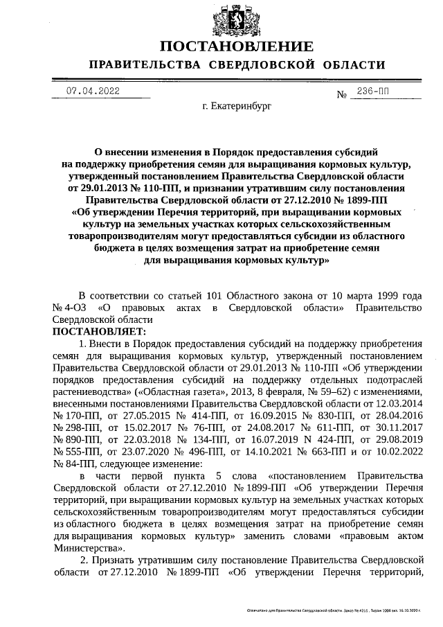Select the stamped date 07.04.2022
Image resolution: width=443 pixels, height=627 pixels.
pyautogui.click(x=92, y=91)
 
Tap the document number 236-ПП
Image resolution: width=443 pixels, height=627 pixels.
pyautogui.click(x=375, y=91)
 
